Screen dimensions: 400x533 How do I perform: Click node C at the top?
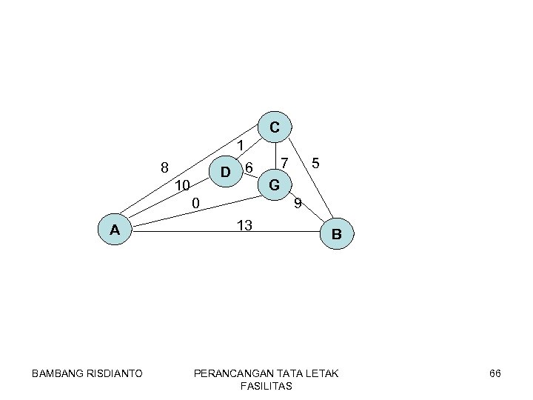274,127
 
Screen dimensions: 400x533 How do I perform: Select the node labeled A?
115,230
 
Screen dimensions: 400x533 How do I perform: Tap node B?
336,235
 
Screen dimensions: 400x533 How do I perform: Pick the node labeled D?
226,173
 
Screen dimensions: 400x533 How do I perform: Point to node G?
274,184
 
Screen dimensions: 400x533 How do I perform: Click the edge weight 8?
165,167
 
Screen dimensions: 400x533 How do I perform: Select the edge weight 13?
245,225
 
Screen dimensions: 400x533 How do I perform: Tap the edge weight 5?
316,162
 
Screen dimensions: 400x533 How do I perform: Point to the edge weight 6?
249,168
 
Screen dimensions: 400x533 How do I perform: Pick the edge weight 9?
297,202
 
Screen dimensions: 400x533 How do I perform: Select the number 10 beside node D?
184,185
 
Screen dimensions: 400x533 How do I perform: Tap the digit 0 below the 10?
195,202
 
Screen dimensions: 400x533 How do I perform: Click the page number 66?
495,373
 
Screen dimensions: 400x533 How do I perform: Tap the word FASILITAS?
266,387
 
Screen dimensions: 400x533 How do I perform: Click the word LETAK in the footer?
321,373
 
